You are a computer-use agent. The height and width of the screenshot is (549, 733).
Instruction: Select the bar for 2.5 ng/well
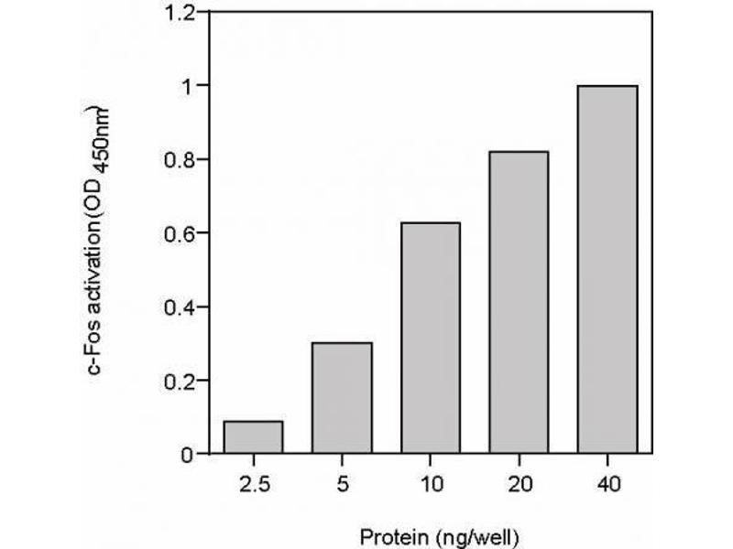tap(253, 437)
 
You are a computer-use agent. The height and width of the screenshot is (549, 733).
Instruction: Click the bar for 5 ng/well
tap(342, 398)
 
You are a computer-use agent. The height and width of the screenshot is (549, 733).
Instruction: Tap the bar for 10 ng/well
tap(430, 338)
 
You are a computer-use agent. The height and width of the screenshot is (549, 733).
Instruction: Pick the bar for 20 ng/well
tap(519, 302)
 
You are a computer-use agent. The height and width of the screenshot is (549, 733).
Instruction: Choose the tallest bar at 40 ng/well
tap(607, 269)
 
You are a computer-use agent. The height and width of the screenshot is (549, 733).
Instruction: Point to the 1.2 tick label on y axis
tap(181, 13)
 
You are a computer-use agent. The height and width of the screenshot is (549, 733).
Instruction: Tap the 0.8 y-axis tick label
tap(181, 160)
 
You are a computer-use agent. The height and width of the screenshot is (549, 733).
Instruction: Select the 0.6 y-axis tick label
tap(181, 233)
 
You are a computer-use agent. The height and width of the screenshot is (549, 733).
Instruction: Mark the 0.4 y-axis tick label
tap(181, 307)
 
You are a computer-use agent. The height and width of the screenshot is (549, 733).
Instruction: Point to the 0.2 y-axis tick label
tap(181, 381)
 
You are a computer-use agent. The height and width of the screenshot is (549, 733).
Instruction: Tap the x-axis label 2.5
tap(253, 482)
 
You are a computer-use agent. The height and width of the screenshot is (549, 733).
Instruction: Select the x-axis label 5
tap(342, 482)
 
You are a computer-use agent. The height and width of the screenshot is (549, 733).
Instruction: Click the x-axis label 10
tap(430, 482)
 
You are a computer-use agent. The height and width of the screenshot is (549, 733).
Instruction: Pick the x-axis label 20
tap(519, 482)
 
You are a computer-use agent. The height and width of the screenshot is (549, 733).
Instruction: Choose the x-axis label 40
tap(607, 482)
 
